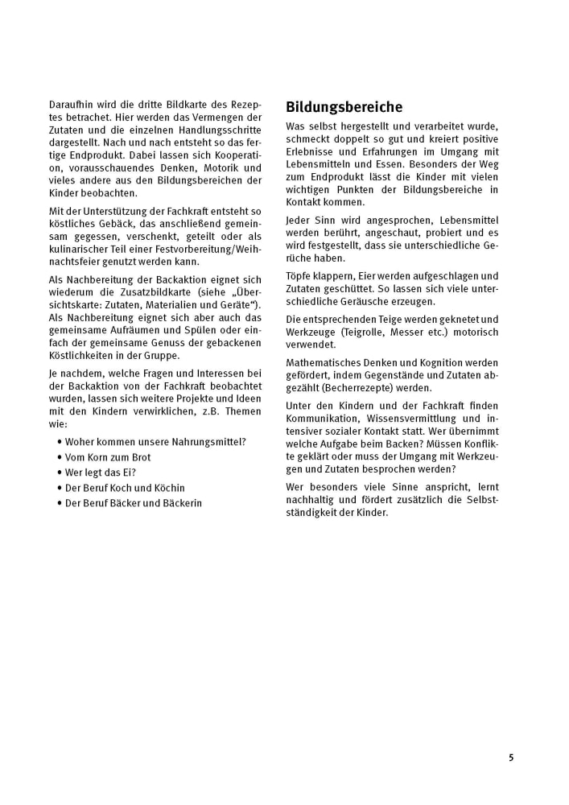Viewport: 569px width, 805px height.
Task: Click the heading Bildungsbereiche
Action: [344, 107]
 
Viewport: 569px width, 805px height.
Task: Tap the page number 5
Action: [510, 758]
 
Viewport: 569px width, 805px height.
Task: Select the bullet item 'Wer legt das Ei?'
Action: [101, 473]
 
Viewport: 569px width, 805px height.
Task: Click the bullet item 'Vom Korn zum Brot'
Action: [108, 457]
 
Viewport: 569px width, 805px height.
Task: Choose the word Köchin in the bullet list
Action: [167, 488]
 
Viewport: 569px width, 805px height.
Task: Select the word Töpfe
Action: [299, 275]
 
